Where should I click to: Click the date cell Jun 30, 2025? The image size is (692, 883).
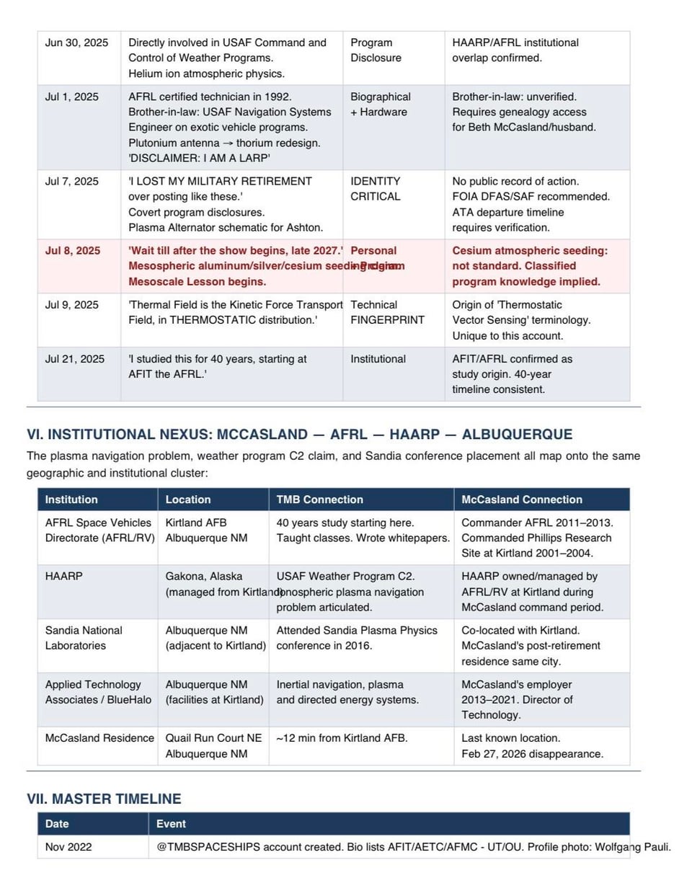(76, 43)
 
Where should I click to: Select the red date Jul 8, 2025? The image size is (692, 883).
(73, 251)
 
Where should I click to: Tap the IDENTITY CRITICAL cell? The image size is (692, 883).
(375, 189)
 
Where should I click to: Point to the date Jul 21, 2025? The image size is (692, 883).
(74, 359)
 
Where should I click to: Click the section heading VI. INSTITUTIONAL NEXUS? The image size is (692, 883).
(299, 435)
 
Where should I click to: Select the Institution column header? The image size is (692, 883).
(71, 500)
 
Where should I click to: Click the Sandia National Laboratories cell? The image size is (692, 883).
(84, 638)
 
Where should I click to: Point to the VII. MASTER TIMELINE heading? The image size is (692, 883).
(104, 799)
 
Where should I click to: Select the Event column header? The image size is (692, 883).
(171, 824)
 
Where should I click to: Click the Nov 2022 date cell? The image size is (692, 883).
(68, 848)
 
